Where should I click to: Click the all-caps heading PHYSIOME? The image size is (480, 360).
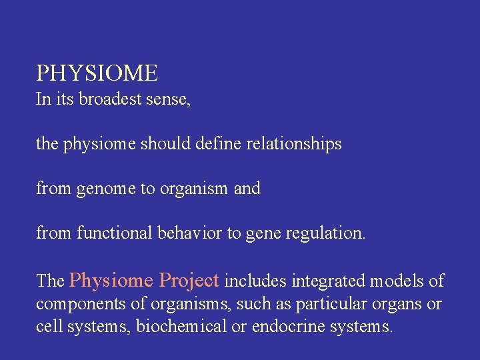point(97,73)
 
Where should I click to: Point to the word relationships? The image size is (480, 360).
point(295,144)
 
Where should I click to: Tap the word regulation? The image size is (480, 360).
point(327,233)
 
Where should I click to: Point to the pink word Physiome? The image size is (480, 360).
point(111,281)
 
